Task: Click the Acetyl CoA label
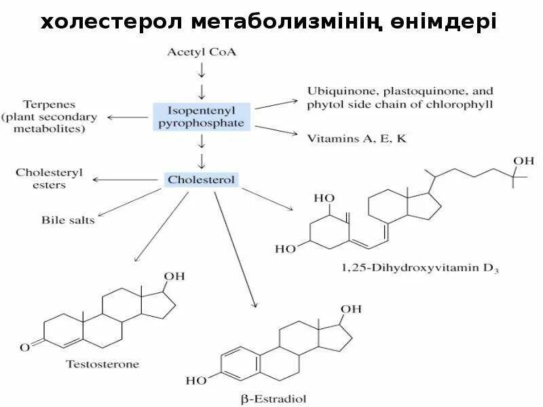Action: [201, 52]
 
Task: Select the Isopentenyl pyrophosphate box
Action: [202, 116]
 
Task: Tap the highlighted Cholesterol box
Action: [201, 180]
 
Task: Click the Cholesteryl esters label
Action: [50, 178]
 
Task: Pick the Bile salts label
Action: [68, 220]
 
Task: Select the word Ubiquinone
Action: [337, 91]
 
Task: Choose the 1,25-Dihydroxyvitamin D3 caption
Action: [421, 269]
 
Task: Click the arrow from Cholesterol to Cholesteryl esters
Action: [126, 180]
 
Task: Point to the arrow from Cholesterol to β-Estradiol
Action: [235, 251]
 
